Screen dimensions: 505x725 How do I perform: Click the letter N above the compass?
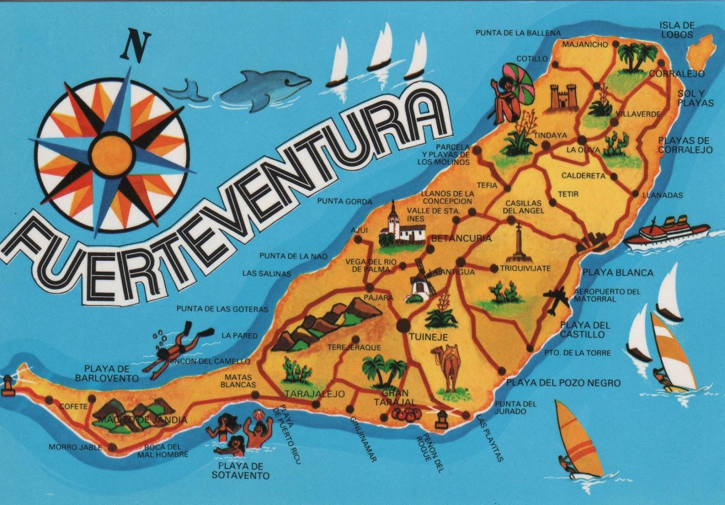point(135,46)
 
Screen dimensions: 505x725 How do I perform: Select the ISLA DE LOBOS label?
point(677,30)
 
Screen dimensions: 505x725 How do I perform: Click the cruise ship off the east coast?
point(666,233)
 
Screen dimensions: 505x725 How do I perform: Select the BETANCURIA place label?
point(461,238)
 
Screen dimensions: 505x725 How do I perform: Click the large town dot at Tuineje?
point(403,325)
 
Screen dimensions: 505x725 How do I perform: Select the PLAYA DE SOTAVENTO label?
point(240,471)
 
